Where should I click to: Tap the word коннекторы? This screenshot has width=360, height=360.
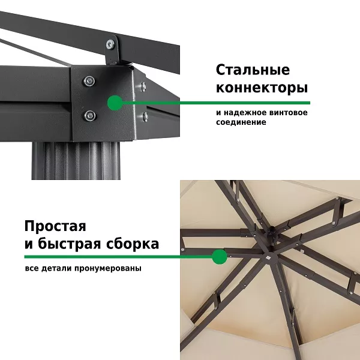point(262,88)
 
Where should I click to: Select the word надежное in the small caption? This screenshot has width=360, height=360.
point(244,113)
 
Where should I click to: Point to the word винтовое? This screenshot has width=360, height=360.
point(287,113)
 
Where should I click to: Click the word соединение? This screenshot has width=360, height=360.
point(241,122)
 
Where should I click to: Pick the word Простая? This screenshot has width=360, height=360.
point(55,227)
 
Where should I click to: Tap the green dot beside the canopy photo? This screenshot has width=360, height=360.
point(220,257)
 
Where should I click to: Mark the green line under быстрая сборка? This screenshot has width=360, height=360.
point(120,257)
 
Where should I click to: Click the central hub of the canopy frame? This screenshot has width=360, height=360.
point(268,235)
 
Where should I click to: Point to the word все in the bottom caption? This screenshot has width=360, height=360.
point(32,268)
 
